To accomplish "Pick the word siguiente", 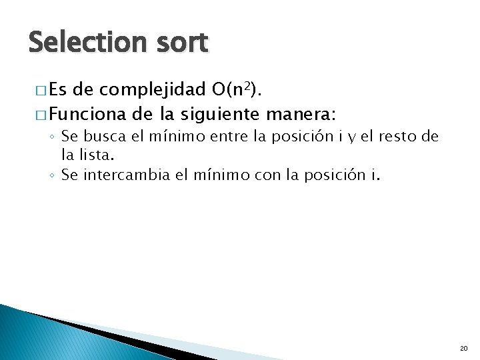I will pos(216,111).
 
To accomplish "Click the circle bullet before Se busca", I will pos(51,137).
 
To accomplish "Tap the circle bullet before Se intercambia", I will pos(51,176).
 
